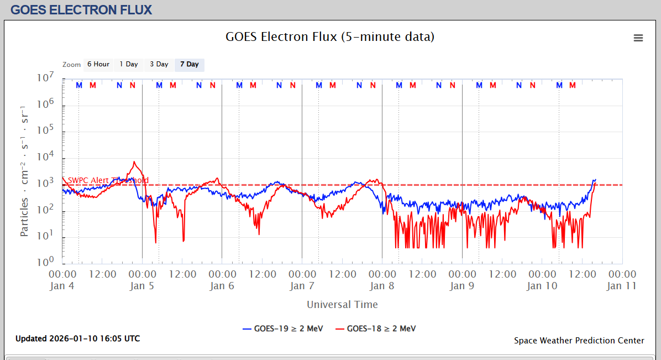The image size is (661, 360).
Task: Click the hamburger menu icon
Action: point(638,38)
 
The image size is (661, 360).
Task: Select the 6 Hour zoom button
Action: point(98,64)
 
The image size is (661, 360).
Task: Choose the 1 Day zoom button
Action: point(129,64)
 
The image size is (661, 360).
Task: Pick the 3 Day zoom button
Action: point(159,64)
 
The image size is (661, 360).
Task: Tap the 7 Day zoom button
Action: point(190,64)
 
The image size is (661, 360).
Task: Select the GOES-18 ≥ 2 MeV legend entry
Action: point(375,328)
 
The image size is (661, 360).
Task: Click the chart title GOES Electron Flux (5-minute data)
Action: point(330,37)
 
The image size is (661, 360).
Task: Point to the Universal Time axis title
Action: point(342,304)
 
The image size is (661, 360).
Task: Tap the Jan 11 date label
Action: point(622,286)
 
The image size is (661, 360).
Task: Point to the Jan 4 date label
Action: point(62,286)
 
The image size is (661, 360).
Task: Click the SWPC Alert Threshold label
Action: point(108,180)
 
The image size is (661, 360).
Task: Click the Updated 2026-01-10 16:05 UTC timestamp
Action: point(77,338)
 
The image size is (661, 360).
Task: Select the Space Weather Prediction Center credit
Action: point(579,341)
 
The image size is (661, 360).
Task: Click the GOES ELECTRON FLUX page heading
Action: point(81,9)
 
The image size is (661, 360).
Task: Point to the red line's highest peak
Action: point(134,162)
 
